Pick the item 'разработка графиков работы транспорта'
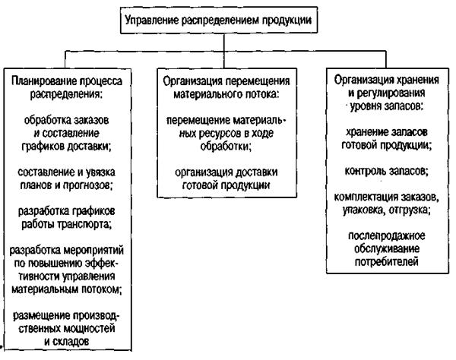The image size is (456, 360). click(68, 217)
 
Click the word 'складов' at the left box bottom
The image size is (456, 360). click(83, 343)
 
